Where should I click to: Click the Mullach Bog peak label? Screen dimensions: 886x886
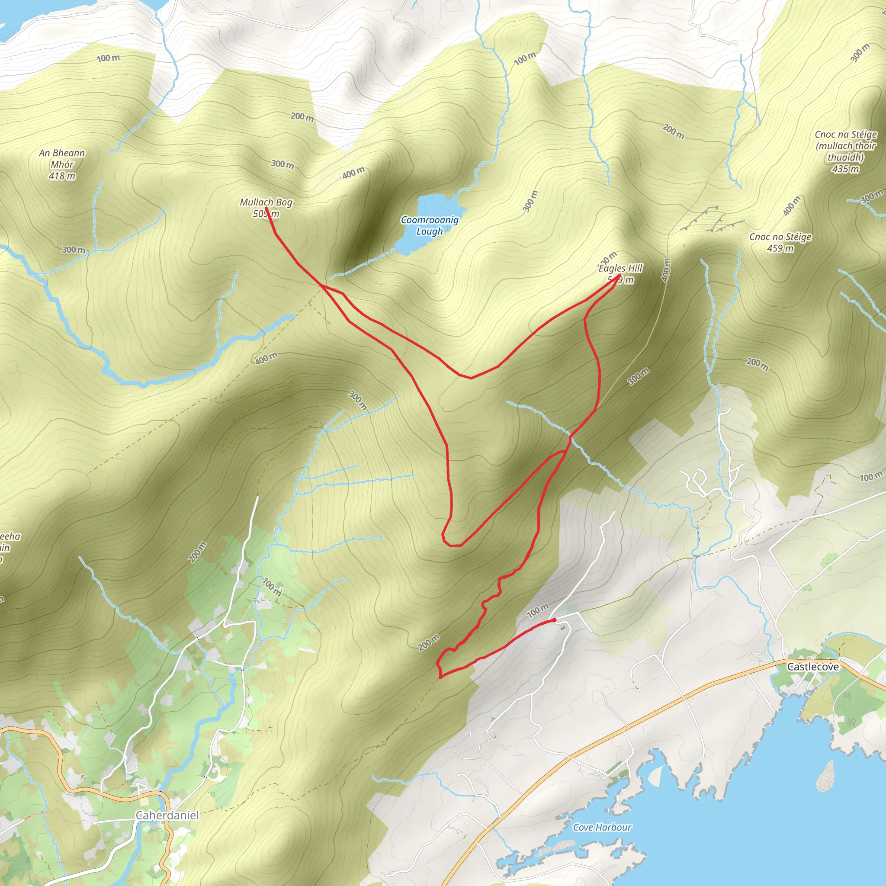click(x=266, y=202)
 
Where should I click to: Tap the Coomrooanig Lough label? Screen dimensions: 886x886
click(x=430, y=225)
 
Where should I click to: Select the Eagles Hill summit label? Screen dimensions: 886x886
click(x=620, y=268)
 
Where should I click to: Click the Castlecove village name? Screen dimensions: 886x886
click(x=812, y=666)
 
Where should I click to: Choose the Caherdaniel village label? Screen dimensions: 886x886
click(x=167, y=815)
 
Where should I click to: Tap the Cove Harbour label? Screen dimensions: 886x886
click(x=602, y=827)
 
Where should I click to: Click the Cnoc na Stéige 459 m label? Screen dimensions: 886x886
click(x=780, y=242)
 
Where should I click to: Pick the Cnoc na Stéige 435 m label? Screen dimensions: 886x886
click(x=846, y=151)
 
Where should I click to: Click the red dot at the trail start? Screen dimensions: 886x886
click(x=555, y=620)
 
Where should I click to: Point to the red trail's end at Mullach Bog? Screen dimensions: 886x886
click(x=266, y=208)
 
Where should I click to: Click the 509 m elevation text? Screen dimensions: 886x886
click(x=266, y=214)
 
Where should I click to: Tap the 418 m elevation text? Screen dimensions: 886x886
click(x=62, y=176)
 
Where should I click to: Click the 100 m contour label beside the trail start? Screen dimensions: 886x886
click(x=537, y=610)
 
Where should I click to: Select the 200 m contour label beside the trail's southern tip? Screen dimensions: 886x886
click(x=429, y=642)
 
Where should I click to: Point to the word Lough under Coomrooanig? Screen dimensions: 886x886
click(x=430, y=231)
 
